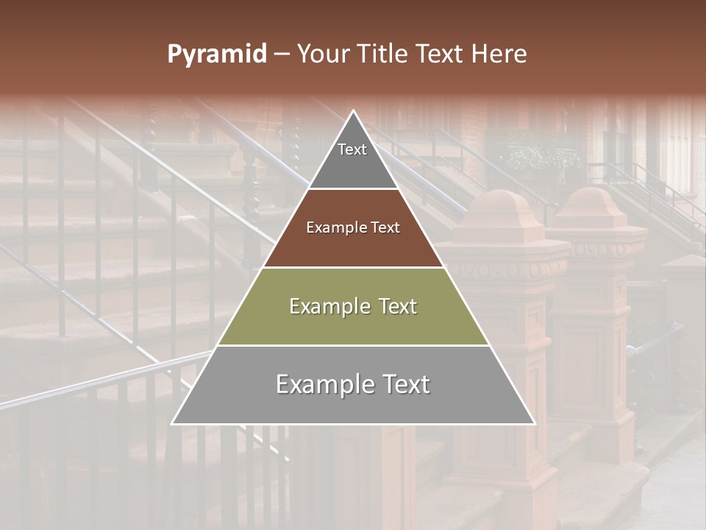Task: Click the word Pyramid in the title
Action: click(217, 54)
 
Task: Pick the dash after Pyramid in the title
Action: click(281, 54)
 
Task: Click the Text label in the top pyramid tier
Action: click(352, 149)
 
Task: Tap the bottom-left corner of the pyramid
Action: click(173, 424)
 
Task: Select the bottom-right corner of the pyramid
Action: click(535, 424)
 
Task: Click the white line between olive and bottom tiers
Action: click(353, 345)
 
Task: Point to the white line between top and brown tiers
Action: click(353, 188)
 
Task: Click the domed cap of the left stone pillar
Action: click(499, 206)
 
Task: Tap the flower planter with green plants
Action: click(534, 156)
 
